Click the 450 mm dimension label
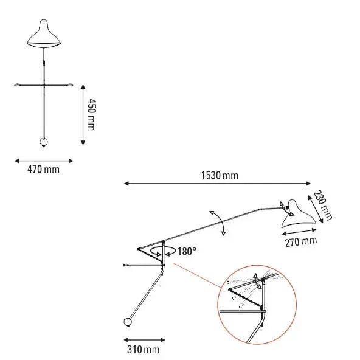[x=91, y=114]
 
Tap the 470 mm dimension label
[x=43, y=170]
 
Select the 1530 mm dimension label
[x=220, y=175]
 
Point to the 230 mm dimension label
[x=322, y=206]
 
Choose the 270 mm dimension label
[x=301, y=242]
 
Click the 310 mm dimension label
[x=144, y=350]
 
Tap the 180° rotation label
[x=187, y=251]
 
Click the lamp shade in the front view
[x=44, y=34]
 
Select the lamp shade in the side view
[x=297, y=215]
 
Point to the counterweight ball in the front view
[x=44, y=142]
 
